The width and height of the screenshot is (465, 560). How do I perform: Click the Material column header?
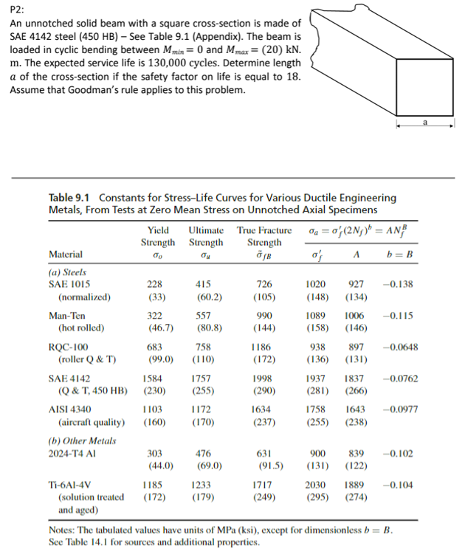[67, 255]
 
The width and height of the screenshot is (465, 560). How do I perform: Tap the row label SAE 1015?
[68, 284]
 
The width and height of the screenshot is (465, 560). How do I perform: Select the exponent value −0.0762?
[400, 377]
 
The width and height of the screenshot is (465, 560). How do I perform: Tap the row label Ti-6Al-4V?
[71, 485]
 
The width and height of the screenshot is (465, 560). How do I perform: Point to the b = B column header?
[399, 255]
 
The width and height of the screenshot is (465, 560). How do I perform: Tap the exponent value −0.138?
[399, 284]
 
